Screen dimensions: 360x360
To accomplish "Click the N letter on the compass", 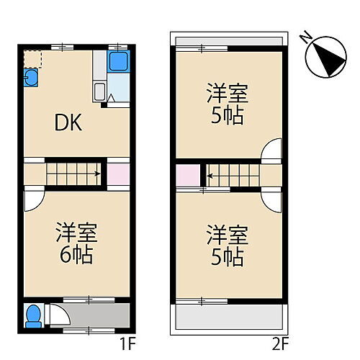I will click(x=307, y=36).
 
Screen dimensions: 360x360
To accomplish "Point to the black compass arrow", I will click(x=331, y=60).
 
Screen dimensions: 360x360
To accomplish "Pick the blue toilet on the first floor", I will click(x=32, y=316).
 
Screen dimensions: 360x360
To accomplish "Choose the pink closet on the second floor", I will click(x=187, y=175).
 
